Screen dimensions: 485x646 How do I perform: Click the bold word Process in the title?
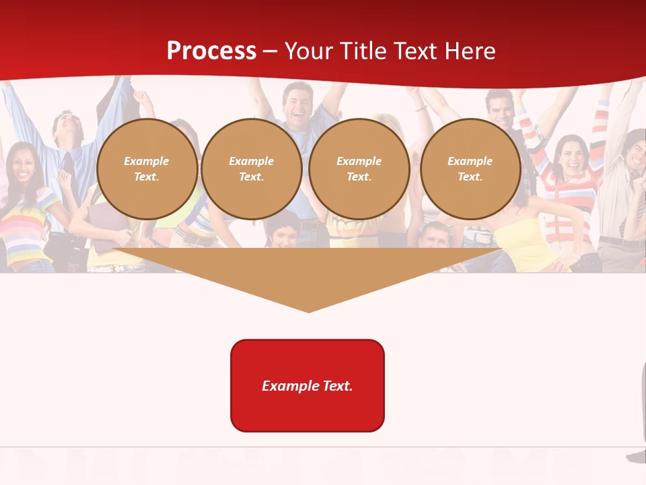(211, 51)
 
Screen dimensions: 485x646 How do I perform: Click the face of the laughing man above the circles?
(297, 102)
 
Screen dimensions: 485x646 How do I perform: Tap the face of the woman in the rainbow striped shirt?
(22, 164)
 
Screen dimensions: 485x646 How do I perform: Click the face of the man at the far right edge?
(636, 152)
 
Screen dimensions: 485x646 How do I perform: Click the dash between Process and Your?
(271, 51)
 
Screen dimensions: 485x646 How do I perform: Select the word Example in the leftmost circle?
(147, 161)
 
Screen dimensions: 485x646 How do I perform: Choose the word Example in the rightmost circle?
(470, 161)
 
